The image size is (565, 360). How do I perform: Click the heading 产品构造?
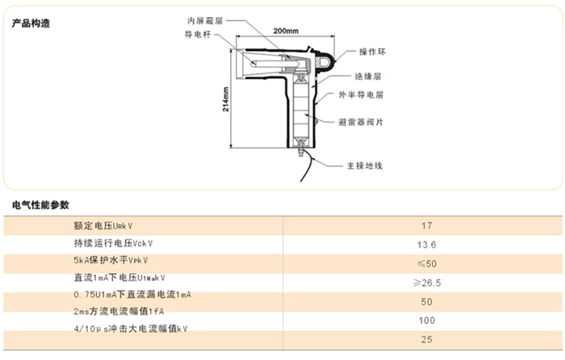pos(31,23)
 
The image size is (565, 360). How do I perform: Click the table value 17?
pos(428,226)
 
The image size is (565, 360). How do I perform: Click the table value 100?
pos(427,320)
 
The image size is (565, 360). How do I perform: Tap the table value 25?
pos(427,339)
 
